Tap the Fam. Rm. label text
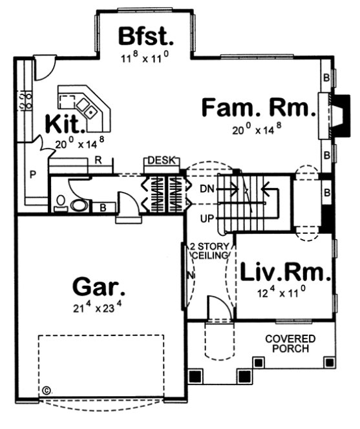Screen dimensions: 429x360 pos(259,108)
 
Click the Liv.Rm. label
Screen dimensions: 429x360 pos(286,272)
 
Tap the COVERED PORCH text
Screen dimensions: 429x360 pos(290,344)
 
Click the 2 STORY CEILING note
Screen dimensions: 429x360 pos(209,251)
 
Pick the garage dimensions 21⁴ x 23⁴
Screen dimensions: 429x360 pos(99,309)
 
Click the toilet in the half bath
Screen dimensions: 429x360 pos(78,205)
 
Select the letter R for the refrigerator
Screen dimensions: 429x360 pos(96,158)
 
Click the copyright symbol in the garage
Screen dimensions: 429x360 pos(46,390)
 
